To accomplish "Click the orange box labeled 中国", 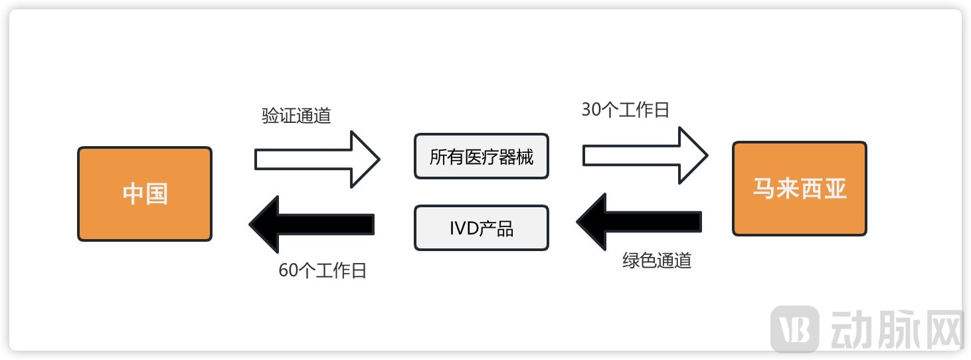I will click(145, 194).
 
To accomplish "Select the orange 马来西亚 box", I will click(800, 189).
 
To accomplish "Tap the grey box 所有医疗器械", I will click(482, 157).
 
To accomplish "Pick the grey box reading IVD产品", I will click(482, 228).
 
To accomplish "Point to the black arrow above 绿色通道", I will click(639, 222).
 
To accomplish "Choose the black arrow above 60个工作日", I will click(311, 225).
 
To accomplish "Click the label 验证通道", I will click(296, 116).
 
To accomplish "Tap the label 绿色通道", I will click(657, 260).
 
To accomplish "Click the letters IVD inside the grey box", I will click(463, 228).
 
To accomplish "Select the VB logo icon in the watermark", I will click(794, 328).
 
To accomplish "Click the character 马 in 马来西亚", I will click(764, 189).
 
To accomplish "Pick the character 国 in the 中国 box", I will click(157, 194).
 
